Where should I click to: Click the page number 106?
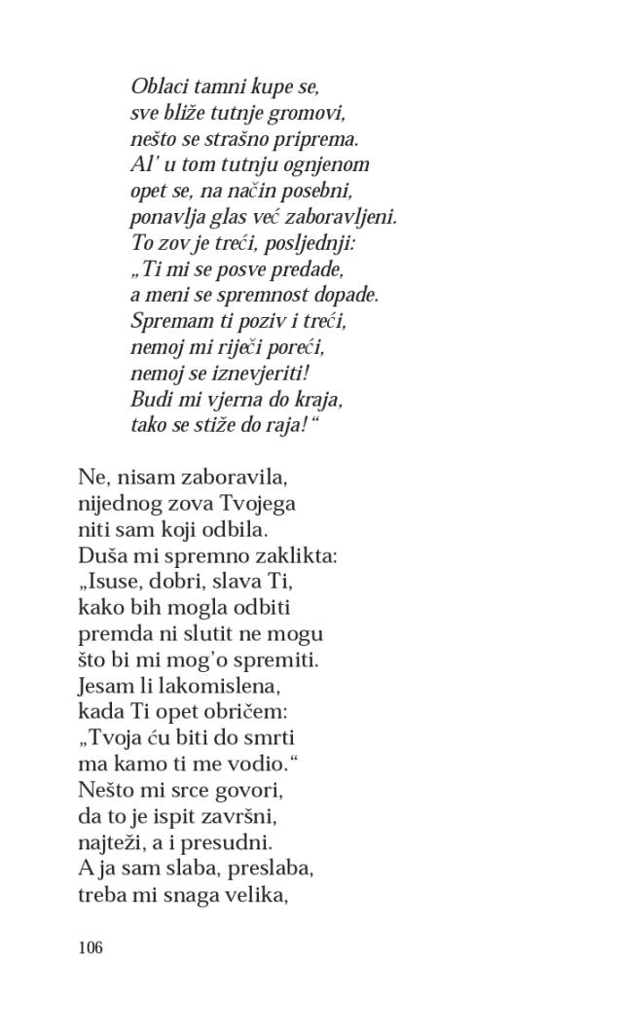90,947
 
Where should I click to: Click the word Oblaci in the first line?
159,87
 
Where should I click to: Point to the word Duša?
99,556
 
